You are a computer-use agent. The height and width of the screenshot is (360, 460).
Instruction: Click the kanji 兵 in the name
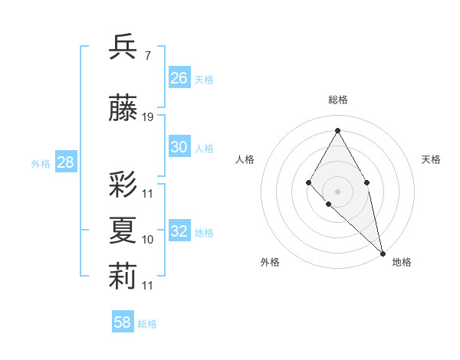(x=123, y=47)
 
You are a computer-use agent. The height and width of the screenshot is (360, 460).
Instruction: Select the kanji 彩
(x=123, y=184)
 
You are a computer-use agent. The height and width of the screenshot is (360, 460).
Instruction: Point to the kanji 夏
(x=123, y=230)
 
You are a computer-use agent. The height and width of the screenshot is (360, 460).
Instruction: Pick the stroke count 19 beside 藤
(x=148, y=117)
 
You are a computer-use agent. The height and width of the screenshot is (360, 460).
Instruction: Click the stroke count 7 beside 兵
(x=147, y=56)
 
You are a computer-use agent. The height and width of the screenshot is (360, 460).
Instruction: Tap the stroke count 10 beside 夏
(x=148, y=240)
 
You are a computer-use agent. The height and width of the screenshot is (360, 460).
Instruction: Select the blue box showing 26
(x=179, y=78)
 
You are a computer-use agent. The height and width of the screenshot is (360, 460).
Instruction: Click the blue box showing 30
(x=179, y=147)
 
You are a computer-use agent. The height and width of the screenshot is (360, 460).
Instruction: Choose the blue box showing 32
(x=179, y=231)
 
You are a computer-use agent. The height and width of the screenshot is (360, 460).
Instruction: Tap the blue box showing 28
(x=65, y=162)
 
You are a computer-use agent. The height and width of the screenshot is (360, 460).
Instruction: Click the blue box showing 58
(x=123, y=322)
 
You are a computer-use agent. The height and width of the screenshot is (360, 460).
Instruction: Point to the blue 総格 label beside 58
(x=147, y=324)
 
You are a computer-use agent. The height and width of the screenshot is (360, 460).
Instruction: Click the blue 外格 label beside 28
(x=41, y=163)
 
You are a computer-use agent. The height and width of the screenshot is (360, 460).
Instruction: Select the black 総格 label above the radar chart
(x=337, y=100)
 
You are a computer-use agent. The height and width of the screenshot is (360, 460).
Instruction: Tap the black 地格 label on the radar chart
(x=402, y=262)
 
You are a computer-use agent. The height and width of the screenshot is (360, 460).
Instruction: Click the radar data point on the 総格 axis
(x=337, y=130)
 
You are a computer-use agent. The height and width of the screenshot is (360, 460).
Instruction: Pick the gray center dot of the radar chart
(x=337, y=191)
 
